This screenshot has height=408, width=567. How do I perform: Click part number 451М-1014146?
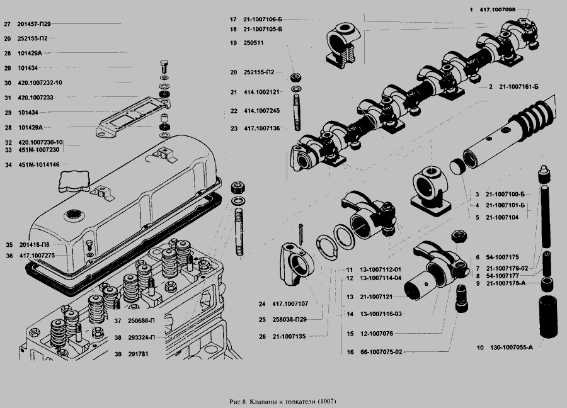[x=39, y=164]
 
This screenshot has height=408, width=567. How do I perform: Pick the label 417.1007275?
[x=38, y=255]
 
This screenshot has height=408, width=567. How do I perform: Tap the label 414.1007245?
[x=263, y=110]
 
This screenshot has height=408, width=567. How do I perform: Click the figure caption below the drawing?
[x=285, y=401]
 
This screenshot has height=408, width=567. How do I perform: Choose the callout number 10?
[x=479, y=348]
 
